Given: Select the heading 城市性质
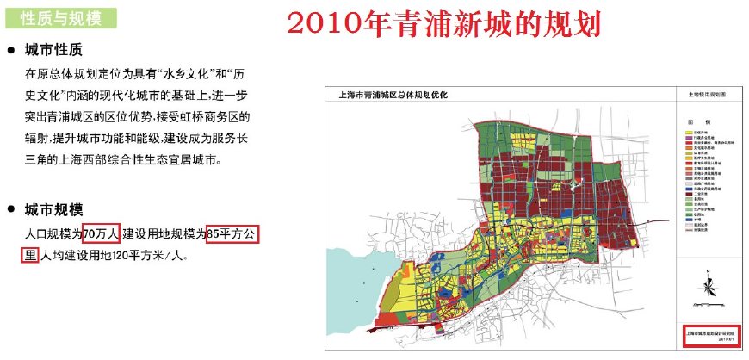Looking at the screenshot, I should [x=53, y=50].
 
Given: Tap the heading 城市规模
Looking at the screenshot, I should [x=53, y=209].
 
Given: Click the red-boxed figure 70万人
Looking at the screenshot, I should [x=101, y=233].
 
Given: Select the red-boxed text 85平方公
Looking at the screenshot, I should [x=233, y=233].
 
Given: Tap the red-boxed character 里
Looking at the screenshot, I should [x=30, y=255].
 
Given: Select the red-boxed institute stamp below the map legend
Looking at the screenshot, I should [x=705, y=335].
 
